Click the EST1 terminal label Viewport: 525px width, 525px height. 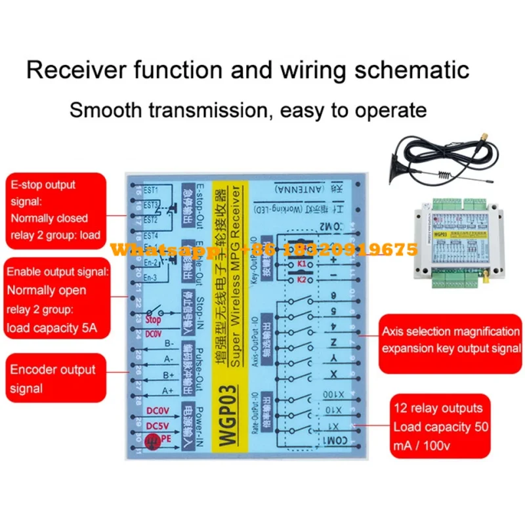pos(150,189)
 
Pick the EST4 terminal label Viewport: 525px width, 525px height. pos(151,236)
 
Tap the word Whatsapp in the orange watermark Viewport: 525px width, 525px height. pos(153,250)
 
